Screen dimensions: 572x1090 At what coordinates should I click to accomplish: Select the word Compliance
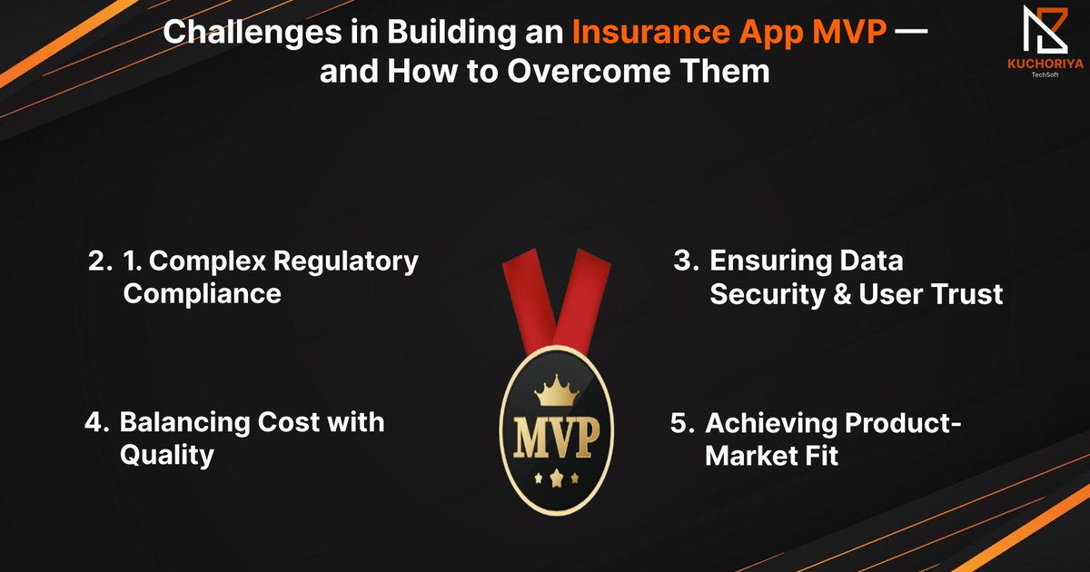(x=202, y=293)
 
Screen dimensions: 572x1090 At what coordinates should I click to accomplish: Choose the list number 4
(x=96, y=422)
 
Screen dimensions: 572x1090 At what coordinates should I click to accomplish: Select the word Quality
(x=167, y=454)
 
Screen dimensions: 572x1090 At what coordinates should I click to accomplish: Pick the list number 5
(x=682, y=423)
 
